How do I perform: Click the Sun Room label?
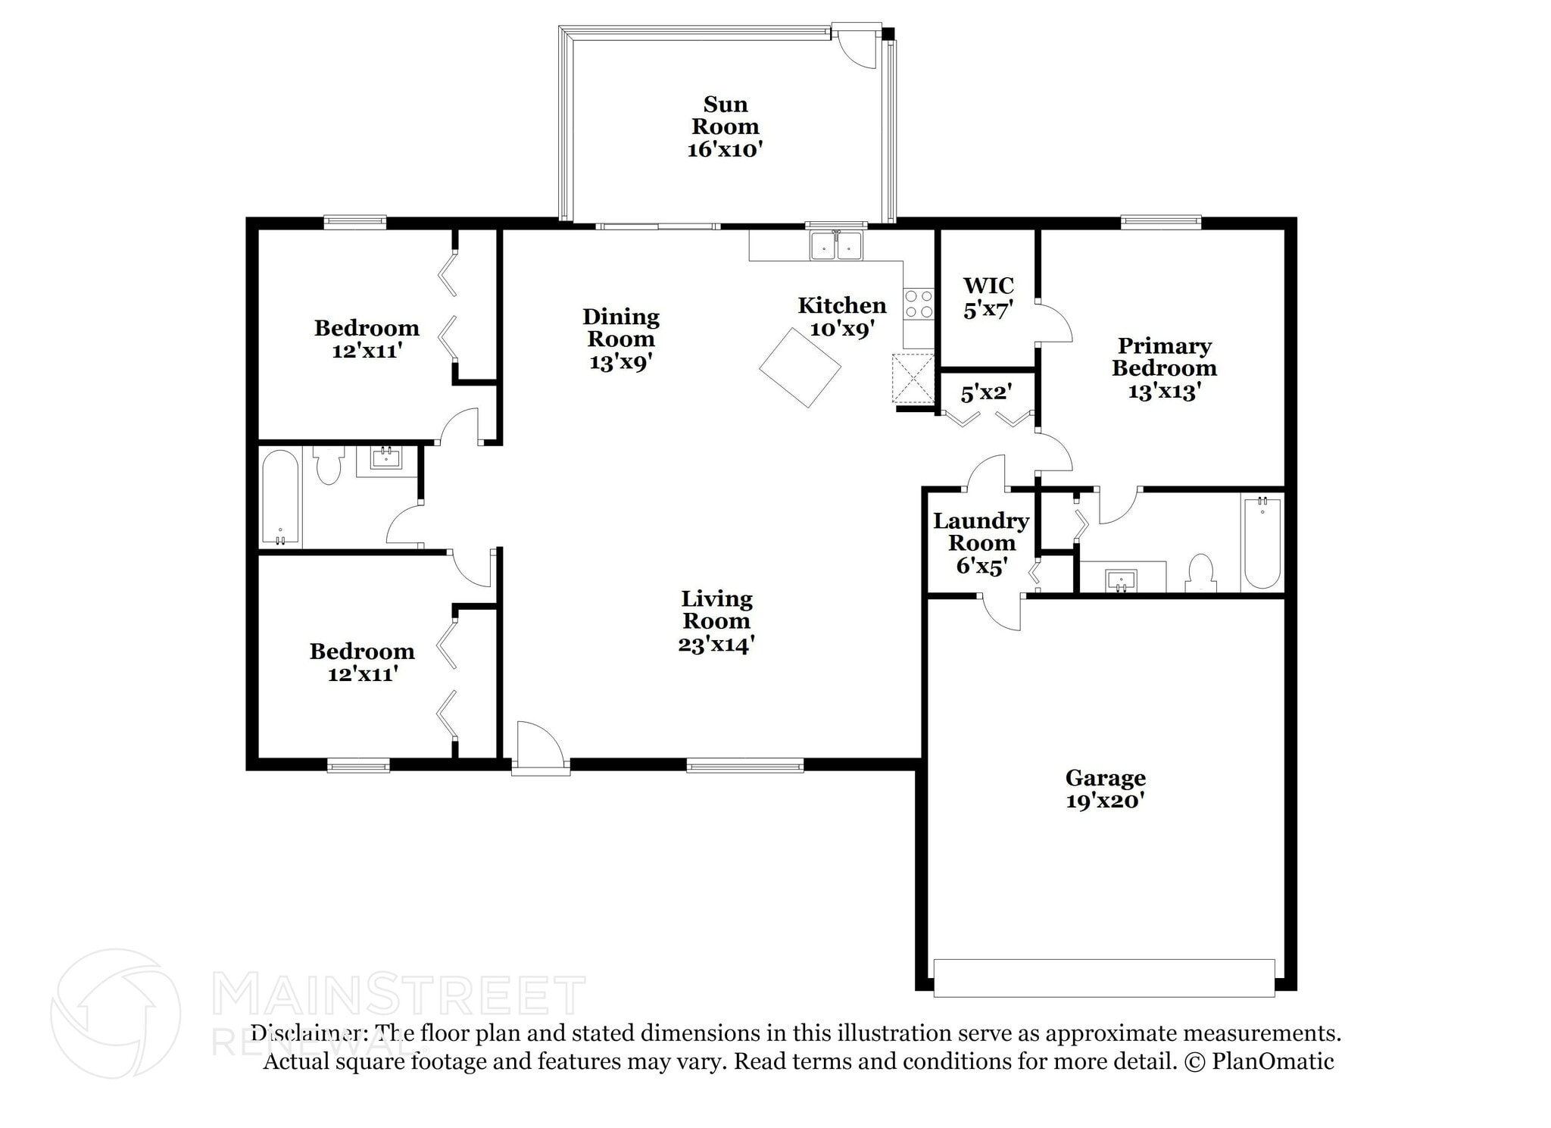point(725,115)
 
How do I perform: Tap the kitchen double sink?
point(836,246)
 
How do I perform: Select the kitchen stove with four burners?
point(919,304)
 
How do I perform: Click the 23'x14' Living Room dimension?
point(716,645)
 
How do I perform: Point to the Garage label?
point(1105,778)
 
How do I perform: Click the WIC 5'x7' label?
point(988,297)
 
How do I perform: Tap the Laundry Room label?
point(981,532)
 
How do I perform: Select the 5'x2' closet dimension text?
point(986,393)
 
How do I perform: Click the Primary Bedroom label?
point(1164,357)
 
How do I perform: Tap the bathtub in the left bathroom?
point(280,498)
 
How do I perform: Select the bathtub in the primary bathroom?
point(1262,542)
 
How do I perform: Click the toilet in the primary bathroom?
point(1200,573)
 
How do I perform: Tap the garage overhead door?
point(1103,978)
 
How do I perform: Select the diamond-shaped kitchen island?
point(800,367)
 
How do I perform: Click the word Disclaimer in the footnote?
point(305,1033)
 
